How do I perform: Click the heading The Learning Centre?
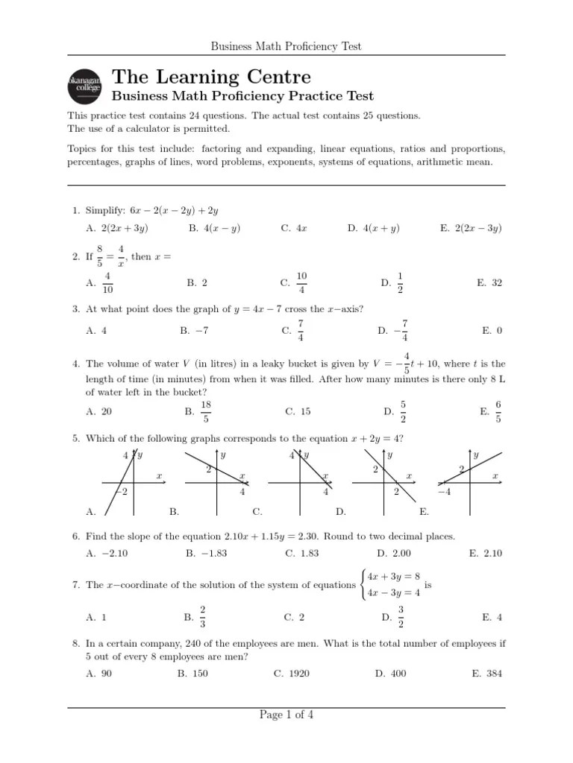pos(211,77)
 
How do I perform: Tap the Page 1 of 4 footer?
pos(286,715)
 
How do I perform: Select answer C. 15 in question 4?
pos(298,411)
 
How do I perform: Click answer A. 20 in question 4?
pos(99,411)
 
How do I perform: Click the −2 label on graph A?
pos(122,492)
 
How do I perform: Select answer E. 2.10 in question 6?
pos(486,554)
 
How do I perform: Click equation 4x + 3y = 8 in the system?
pos(395,576)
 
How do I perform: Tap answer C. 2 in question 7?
pos(294,617)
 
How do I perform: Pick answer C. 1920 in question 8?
pos(292,674)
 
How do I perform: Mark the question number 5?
pos(75,438)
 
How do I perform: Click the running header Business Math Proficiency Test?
pos(286,46)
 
